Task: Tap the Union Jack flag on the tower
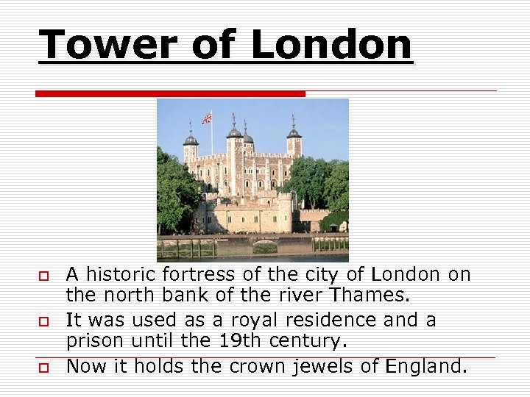[207, 118]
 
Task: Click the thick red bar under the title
[170, 93]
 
